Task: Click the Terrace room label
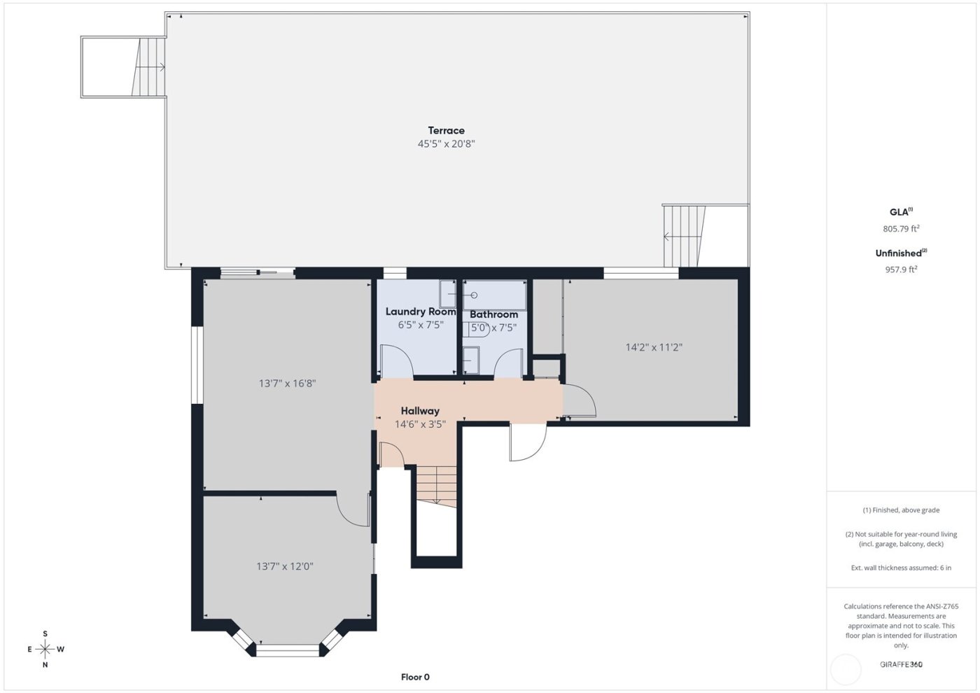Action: pyautogui.click(x=446, y=130)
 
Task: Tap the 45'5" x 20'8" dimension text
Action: pyautogui.click(x=446, y=144)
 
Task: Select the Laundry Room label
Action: pyautogui.click(x=420, y=311)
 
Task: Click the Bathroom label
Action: pyautogui.click(x=493, y=314)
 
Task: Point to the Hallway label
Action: pyautogui.click(x=420, y=411)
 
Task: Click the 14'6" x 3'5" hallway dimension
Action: pyautogui.click(x=420, y=424)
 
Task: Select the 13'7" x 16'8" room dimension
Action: pyautogui.click(x=287, y=384)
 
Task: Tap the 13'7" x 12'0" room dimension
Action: pyautogui.click(x=284, y=566)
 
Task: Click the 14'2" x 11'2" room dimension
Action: pyautogui.click(x=653, y=347)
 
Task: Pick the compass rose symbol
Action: pyautogui.click(x=45, y=650)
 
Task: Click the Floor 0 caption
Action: pyautogui.click(x=415, y=677)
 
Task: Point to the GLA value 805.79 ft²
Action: pyautogui.click(x=900, y=229)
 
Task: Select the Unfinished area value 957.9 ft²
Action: pyautogui.click(x=900, y=269)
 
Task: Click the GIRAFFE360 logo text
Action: pyautogui.click(x=901, y=664)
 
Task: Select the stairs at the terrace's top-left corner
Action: pyautogui.click(x=148, y=67)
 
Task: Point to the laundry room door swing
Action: pyautogui.click(x=397, y=360)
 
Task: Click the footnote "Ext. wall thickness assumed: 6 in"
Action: pyautogui.click(x=901, y=568)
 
